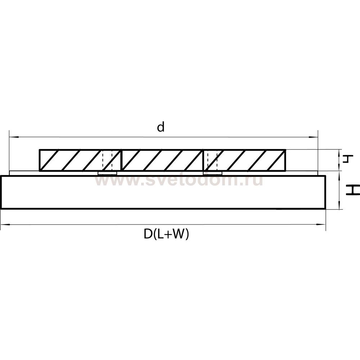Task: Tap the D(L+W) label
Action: pos(166,234)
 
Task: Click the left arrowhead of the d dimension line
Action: pos(11,137)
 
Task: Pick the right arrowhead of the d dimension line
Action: pos(316,137)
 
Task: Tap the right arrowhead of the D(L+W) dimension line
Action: pos(323,225)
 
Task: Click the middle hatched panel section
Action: pos(162,160)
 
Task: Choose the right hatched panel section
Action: pos(248,160)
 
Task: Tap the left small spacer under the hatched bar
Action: pos(107,174)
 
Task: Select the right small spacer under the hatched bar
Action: pos(212,174)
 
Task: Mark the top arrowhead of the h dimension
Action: pos(340,151)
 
